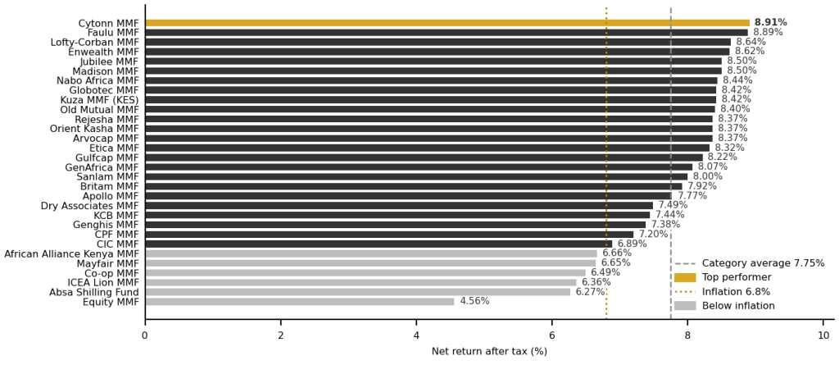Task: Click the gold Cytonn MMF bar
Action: point(447,23)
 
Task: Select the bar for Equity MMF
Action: point(299,302)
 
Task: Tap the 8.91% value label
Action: point(770,22)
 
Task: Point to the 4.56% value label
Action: point(474,301)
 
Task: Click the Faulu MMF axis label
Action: point(112,32)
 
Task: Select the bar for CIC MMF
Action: point(379,244)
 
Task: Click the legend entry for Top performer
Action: point(723,277)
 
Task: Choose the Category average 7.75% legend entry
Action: point(749,263)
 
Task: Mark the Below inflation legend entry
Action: point(724,306)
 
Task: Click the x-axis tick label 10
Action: point(823,335)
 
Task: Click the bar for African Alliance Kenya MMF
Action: point(371,253)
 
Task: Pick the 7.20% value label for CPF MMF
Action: point(653,234)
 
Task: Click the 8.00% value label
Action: point(707,176)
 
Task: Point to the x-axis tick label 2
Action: point(280,335)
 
